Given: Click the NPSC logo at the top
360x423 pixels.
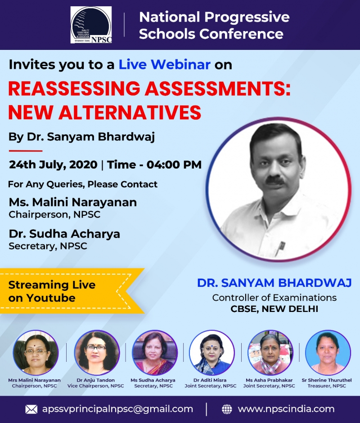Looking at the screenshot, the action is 91,25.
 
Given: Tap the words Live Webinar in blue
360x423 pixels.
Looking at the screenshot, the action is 164,65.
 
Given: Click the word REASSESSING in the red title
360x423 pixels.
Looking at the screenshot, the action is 74,89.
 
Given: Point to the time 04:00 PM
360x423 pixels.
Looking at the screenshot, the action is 174,165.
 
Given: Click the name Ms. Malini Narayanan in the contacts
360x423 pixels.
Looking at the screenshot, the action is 72,202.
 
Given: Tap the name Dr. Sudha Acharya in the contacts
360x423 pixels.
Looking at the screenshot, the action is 64,234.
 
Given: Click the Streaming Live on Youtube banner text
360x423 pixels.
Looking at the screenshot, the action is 52,291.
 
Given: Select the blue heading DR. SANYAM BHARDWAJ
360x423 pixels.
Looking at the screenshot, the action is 274,283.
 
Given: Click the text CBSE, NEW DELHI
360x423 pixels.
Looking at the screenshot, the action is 274,309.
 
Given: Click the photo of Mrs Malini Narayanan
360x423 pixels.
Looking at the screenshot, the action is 36,352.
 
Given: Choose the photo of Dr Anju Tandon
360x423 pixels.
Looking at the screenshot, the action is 97,352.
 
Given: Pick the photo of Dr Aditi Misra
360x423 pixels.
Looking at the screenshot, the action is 212,352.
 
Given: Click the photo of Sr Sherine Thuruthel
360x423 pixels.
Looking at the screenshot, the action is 328,352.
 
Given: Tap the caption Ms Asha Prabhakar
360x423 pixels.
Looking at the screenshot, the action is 269,380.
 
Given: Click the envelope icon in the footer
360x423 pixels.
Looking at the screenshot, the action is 31,409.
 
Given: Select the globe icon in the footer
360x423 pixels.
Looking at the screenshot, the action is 227,409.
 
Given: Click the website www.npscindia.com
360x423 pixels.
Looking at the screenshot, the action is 286,409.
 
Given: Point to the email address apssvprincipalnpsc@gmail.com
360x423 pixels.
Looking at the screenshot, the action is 117,409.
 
